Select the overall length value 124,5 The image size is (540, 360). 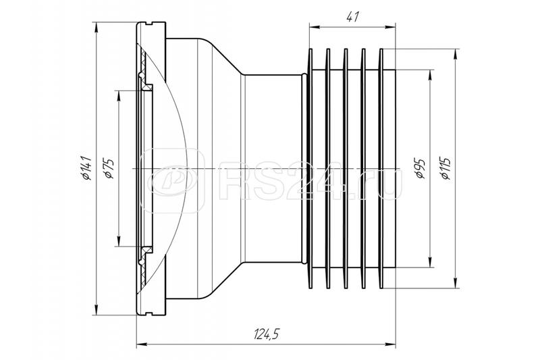pyautogui.click(x=268, y=334)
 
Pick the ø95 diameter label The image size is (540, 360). pyautogui.click(x=419, y=168)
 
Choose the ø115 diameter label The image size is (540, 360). pyautogui.click(x=446, y=168)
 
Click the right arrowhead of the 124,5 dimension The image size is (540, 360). pyautogui.click(x=394, y=346)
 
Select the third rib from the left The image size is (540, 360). pyautogui.click(x=346, y=168)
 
